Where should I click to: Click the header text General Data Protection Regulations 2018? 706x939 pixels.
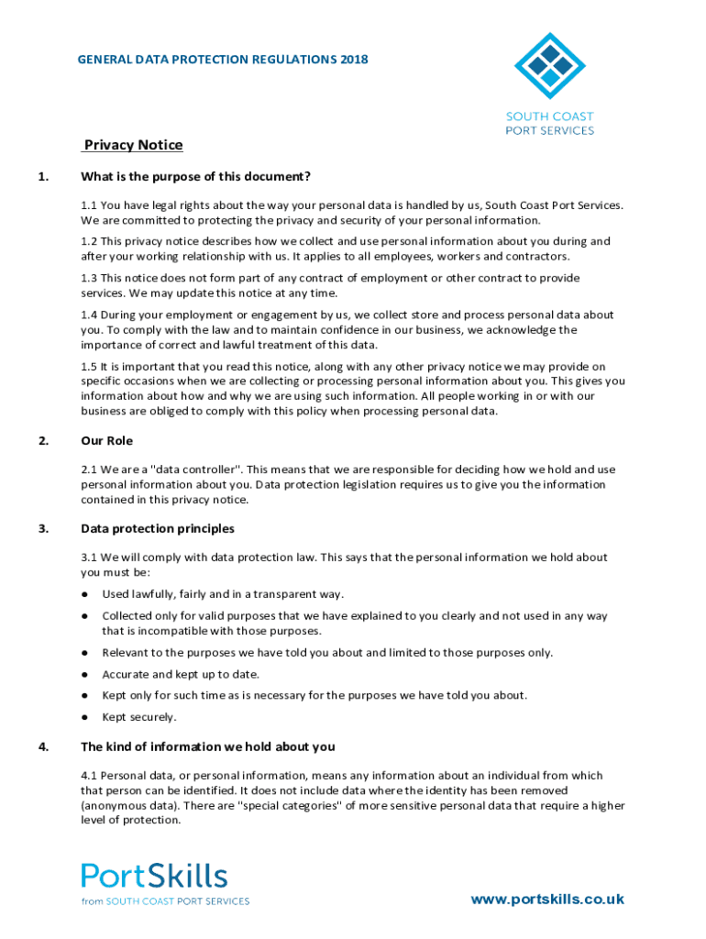[x=223, y=60]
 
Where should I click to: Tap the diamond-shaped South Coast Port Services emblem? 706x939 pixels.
[x=549, y=65]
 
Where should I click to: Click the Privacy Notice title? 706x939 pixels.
[x=133, y=146]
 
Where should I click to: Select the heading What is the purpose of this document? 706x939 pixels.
[x=195, y=176]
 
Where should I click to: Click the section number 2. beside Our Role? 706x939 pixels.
[x=43, y=441]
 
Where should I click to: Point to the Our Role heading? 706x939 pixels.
[x=106, y=441]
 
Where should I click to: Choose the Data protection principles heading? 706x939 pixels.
[x=158, y=528]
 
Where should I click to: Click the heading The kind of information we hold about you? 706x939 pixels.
[x=207, y=746]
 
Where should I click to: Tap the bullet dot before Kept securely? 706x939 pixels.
[x=84, y=717]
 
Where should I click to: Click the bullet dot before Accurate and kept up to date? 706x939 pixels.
[x=84, y=674]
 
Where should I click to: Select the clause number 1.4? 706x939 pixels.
[x=89, y=315]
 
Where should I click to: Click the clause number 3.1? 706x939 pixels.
[x=89, y=557]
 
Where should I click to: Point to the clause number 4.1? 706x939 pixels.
[x=89, y=776]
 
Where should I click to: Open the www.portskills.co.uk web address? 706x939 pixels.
[x=547, y=900]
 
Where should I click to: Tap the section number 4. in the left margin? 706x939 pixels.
[x=43, y=746]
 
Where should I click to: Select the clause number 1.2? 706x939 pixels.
[x=89, y=241]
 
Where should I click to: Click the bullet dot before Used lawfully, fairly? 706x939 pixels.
[x=84, y=594]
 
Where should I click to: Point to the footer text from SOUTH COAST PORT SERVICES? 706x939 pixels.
[x=165, y=901]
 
